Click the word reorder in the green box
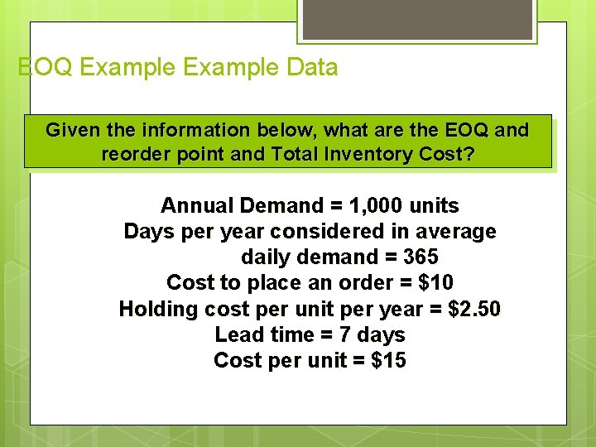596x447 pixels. tap(135, 154)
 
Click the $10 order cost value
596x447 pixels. tap(436, 282)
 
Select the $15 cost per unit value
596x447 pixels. tap(387, 360)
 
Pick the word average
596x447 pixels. tap(458, 231)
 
